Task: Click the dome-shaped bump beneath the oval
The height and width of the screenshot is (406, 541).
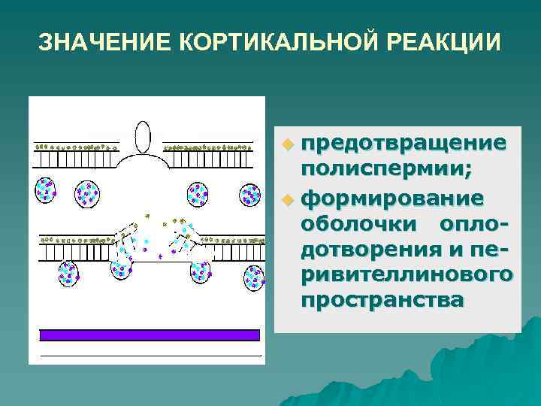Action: (x=143, y=162)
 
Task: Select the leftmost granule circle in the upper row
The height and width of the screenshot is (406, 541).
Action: (x=46, y=190)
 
